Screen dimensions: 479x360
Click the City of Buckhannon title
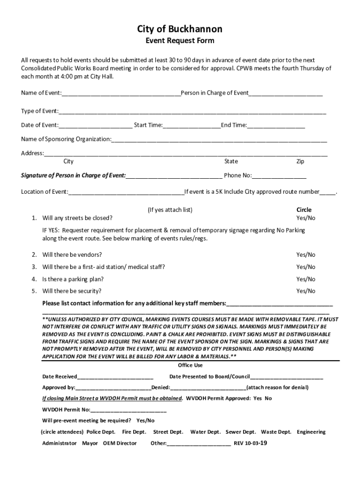point(180,29)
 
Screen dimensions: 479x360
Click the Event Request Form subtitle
point(180,41)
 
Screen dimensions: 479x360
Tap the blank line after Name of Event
point(121,94)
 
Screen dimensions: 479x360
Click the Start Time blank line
point(192,126)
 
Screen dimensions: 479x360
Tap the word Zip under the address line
point(300,161)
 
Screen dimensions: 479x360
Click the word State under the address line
point(231,161)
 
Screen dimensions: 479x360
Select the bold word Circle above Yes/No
point(304,210)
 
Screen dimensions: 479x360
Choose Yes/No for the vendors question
point(306,255)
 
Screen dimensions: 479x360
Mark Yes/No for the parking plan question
point(306,279)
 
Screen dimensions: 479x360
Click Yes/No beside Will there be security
point(306,291)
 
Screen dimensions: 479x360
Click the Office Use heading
point(190,365)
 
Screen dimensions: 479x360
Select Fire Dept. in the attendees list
point(134,432)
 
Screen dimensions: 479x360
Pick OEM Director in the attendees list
point(120,443)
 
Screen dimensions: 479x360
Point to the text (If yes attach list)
point(170,210)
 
